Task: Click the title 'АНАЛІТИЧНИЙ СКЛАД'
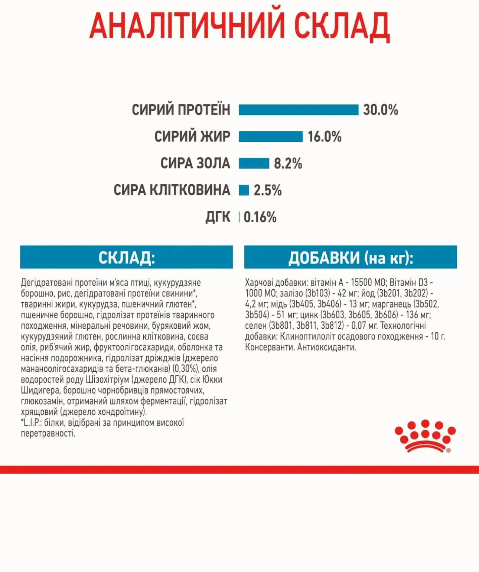click(x=239, y=26)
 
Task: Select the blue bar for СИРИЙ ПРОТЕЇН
click(x=298, y=110)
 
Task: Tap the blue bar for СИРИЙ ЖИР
click(x=270, y=137)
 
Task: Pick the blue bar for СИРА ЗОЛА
click(x=254, y=163)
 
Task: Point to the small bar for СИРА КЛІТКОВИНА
click(x=244, y=190)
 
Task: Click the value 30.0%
click(x=380, y=110)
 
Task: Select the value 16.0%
click(x=324, y=137)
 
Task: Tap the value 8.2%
click(x=288, y=163)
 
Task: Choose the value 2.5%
click(x=267, y=190)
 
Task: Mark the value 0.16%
click(x=260, y=217)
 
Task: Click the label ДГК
click(x=218, y=217)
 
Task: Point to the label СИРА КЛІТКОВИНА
click(x=172, y=190)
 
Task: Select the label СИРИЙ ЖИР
click(x=192, y=137)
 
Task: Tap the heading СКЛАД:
click(x=126, y=257)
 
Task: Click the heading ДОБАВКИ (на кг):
click(x=351, y=257)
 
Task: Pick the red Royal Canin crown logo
click(x=425, y=436)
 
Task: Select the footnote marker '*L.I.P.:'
click(x=31, y=423)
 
